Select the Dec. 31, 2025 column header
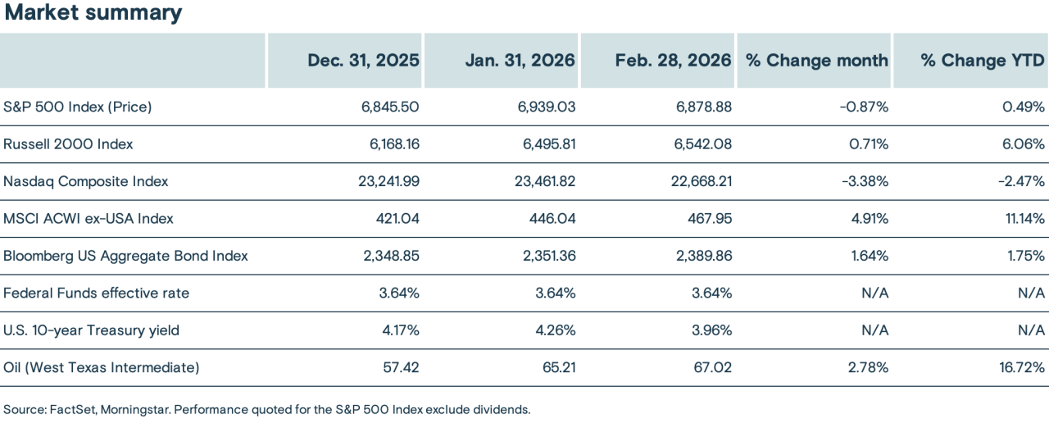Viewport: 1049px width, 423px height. tap(363, 61)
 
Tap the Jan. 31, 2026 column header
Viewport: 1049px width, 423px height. tap(520, 61)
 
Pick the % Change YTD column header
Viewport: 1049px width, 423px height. tap(983, 61)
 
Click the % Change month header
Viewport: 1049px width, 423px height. tap(816, 61)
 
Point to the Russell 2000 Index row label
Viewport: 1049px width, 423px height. tap(68, 144)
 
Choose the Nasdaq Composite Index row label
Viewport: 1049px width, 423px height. tap(86, 182)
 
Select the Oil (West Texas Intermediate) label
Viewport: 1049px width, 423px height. tap(102, 368)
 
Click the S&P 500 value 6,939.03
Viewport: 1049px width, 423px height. tap(542, 107)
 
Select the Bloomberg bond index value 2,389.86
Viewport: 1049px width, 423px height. tap(698, 256)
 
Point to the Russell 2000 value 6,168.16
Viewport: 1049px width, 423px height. tap(389, 144)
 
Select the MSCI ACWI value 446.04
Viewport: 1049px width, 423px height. tap(552, 219)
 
